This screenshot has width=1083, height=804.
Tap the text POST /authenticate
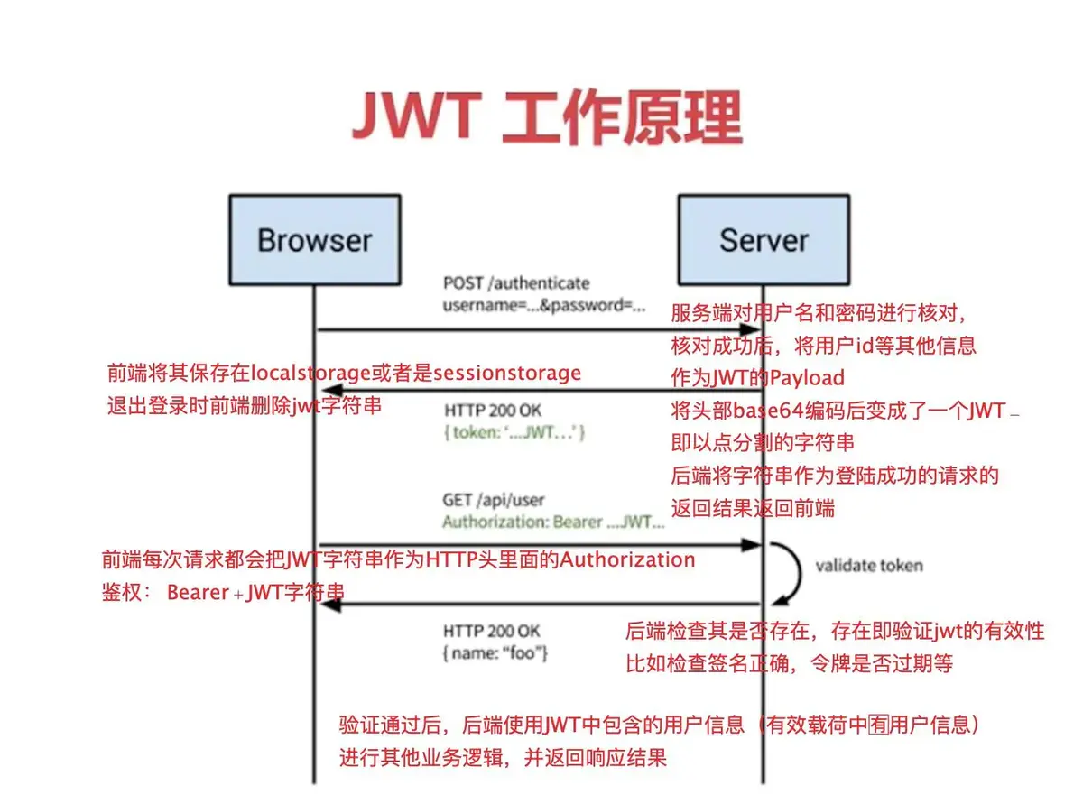(x=515, y=283)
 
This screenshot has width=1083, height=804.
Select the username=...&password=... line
(x=543, y=305)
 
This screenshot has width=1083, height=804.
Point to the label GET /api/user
(x=493, y=499)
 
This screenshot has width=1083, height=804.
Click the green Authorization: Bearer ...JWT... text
(x=553, y=522)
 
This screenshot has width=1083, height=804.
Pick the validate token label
(x=869, y=566)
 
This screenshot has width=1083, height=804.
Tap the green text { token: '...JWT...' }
(x=514, y=433)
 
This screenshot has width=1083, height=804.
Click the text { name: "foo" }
(x=495, y=652)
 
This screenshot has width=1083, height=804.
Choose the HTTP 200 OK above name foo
(x=492, y=630)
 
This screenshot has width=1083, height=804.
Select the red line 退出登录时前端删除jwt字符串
(x=244, y=405)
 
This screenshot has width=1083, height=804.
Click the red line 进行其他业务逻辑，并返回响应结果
(x=503, y=756)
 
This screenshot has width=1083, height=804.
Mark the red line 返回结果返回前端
(x=753, y=508)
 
